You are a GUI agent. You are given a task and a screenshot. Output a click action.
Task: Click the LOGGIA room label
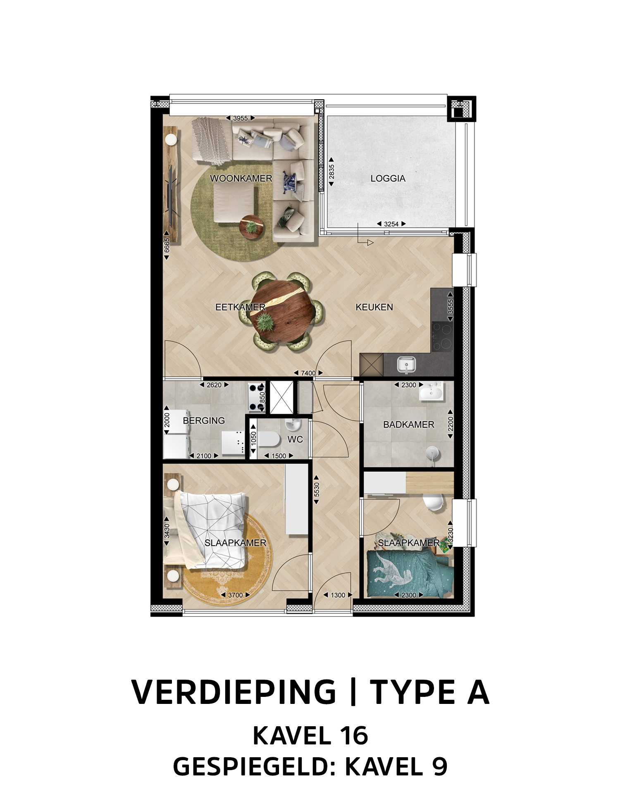388,179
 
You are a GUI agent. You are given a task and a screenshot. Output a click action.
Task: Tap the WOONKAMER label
241,179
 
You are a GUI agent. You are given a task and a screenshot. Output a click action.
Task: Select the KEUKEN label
374,307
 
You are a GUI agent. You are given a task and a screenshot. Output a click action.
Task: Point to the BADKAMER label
408,424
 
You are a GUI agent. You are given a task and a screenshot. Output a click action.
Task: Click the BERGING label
204,420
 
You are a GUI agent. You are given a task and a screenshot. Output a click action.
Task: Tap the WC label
295,439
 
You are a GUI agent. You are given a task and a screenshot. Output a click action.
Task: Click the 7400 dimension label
308,373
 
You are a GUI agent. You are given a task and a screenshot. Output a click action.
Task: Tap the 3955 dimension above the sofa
240,118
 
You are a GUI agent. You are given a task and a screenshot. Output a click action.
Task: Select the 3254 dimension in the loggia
391,224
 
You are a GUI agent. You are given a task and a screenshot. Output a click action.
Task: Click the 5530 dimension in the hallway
317,489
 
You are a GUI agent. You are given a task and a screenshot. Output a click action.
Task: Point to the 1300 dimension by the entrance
338,595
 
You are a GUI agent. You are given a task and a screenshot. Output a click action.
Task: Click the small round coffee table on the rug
251,227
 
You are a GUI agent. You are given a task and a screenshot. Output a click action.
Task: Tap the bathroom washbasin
431,391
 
